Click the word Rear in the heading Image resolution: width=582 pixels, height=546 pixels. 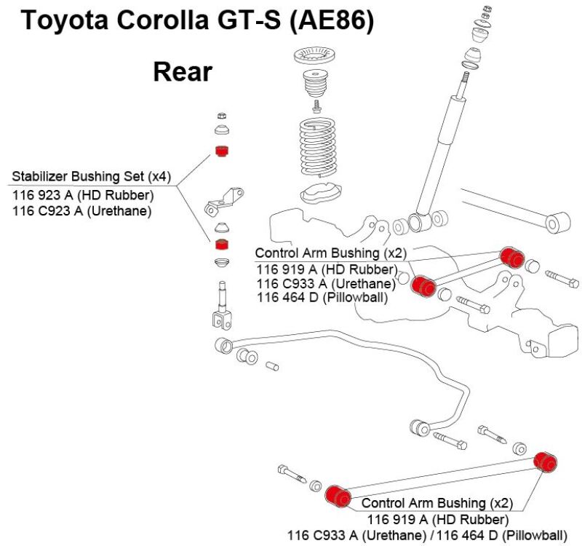pyautogui.click(x=182, y=71)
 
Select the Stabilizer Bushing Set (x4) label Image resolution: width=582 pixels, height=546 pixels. pyautogui.click(x=91, y=177)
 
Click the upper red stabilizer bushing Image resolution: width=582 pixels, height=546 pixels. pyautogui.click(x=222, y=152)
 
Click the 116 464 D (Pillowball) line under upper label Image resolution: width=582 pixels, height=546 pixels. pyautogui.click(x=322, y=296)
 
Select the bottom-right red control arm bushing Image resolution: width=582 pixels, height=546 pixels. pyautogui.click(x=545, y=462)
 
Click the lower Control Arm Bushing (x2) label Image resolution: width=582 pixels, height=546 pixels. pyautogui.click(x=437, y=503)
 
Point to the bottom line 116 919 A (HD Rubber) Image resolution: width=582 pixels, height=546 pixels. pyautogui.click(x=437, y=519)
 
